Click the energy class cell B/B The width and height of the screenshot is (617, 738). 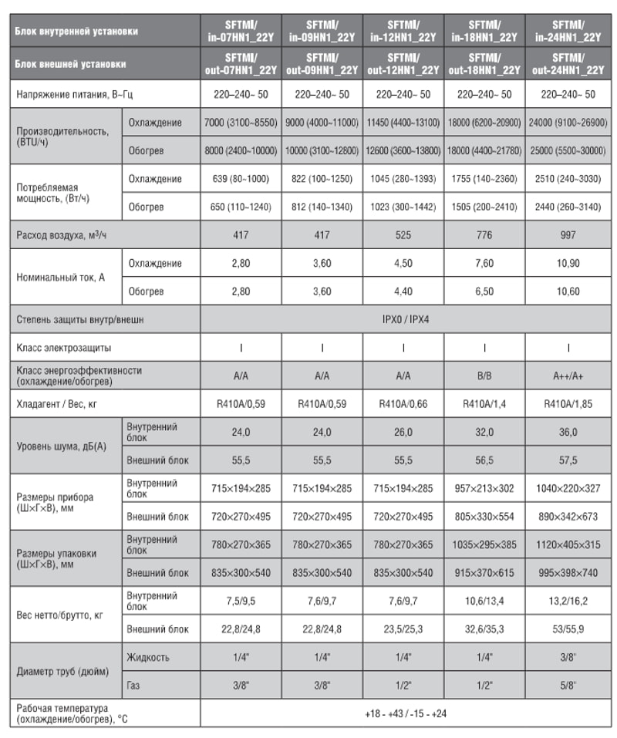tap(485, 375)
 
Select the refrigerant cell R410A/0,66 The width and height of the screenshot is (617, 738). tap(403, 403)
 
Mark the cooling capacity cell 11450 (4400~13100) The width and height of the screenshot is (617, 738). tap(403, 123)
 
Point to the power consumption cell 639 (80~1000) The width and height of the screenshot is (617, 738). tap(241, 179)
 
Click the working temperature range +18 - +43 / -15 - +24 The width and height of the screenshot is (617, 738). tap(405, 713)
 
